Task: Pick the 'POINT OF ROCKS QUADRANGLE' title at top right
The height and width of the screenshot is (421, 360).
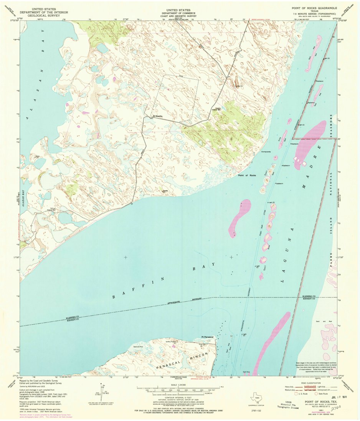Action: point(314,8)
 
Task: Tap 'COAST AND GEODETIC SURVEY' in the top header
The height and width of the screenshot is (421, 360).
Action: point(179,16)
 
